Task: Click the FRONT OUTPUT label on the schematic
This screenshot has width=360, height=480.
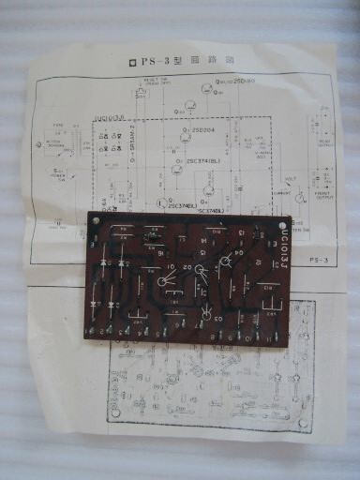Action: (x=326, y=180)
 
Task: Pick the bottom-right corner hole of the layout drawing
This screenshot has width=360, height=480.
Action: (x=304, y=423)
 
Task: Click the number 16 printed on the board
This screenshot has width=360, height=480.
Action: (x=161, y=253)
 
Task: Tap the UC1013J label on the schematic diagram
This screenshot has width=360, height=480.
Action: (x=111, y=119)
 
